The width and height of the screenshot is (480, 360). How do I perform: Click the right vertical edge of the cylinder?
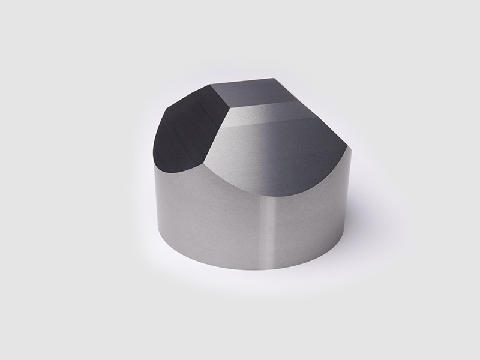click(x=347, y=204)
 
